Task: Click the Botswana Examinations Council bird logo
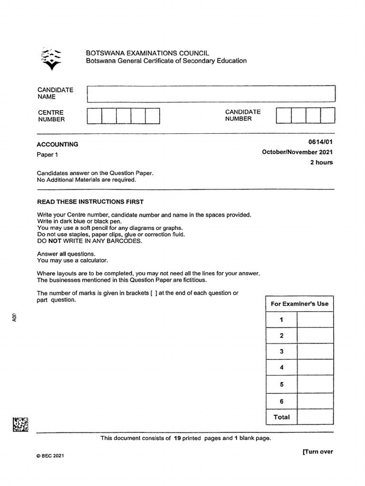[x=51, y=58]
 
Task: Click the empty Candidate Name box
[x=211, y=93]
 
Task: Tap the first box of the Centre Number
[x=95, y=116]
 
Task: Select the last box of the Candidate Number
[x=327, y=115]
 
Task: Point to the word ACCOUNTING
[x=58, y=144]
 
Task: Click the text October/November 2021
[x=298, y=152]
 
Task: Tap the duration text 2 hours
[x=322, y=162]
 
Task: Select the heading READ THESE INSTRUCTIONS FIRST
[x=90, y=202]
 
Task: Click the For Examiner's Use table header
[x=299, y=304]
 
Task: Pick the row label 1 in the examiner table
[x=281, y=320]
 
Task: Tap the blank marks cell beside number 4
[x=315, y=368]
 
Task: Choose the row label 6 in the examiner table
[x=281, y=402]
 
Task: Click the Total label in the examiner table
[x=281, y=417]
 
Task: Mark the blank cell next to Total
[x=315, y=417]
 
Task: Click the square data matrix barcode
[x=20, y=424]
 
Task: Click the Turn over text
[x=317, y=451]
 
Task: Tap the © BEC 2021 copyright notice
[x=50, y=456]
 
